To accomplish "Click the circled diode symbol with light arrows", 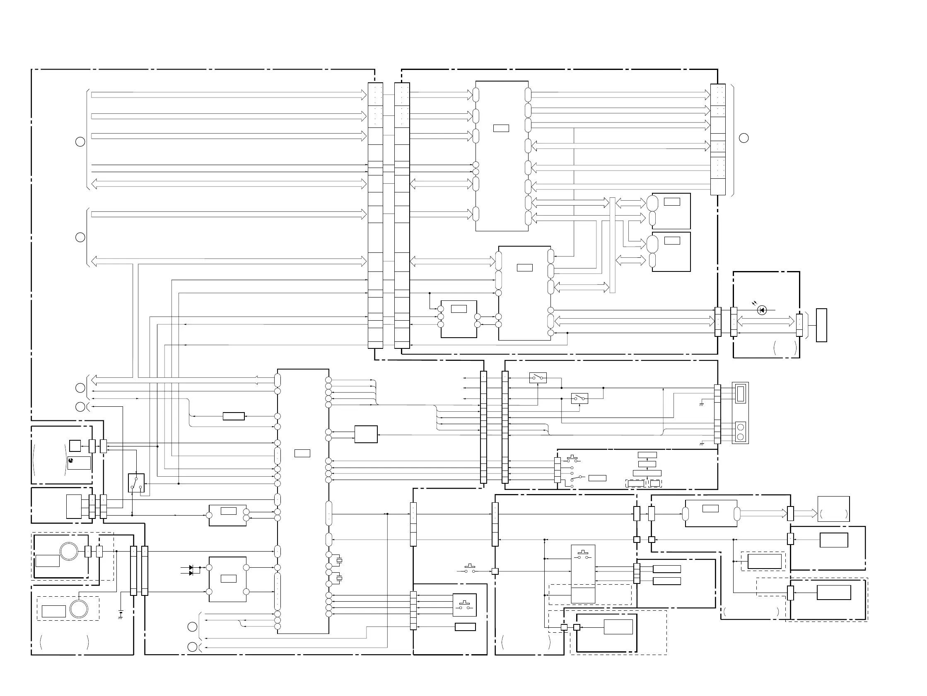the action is point(762,310).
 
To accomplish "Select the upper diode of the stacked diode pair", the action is point(191,567).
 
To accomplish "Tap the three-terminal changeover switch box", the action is point(136,483).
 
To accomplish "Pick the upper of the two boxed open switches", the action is point(538,378).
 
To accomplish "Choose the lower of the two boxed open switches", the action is point(579,398).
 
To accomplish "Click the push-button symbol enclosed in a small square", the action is point(464,605).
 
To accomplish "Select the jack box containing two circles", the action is point(740,432).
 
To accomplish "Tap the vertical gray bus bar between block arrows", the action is point(612,245).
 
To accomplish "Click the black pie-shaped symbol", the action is point(71,460).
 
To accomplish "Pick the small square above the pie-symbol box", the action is point(75,446).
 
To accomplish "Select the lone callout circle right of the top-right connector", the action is point(744,138).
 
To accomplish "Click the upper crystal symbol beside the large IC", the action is point(340,560).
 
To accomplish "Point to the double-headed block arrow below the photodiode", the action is point(765,322).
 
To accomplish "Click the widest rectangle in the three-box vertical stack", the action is point(647,473).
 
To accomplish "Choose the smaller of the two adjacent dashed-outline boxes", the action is point(654,483).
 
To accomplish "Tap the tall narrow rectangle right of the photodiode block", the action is point(821,325).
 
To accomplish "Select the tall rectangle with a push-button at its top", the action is point(583,574).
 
